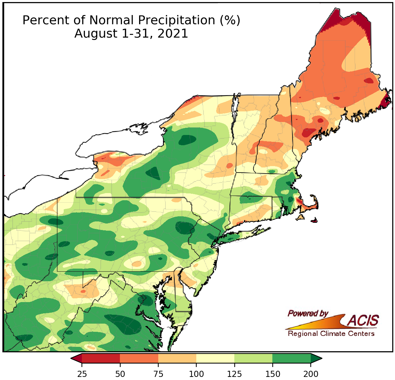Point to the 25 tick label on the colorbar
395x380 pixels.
point(82,373)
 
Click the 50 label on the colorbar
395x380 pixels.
point(120,373)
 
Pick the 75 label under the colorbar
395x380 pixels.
point(158,373)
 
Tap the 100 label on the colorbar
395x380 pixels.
point(196,373)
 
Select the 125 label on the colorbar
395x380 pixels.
point(235,373)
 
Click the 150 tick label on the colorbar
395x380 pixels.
point(273,373)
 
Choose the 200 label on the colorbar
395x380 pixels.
point(311,373)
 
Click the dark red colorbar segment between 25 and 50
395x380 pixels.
point(101,358)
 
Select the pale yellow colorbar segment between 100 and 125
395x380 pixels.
point(215,358)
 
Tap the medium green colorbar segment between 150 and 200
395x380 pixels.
point(292,358)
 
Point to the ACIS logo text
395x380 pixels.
point(363,321)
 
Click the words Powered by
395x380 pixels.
point(308,313)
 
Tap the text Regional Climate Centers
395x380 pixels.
point(331,334)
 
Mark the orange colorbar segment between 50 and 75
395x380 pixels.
point(139,358)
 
